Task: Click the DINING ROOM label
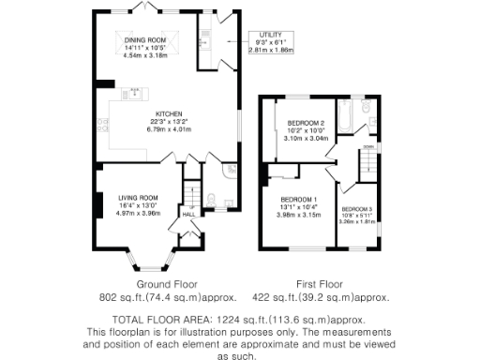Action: pos(146,38)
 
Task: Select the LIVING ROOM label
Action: pos(139,198)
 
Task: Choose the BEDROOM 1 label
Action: pos(303,199)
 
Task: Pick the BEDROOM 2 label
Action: pos(306,124)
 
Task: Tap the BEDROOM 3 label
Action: pos(356,208)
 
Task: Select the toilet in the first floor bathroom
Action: pos(368,120)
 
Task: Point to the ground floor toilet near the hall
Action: pos(211,198)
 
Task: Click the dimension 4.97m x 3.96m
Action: pos(139,213)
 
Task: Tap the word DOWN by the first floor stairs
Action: pos(369,147)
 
